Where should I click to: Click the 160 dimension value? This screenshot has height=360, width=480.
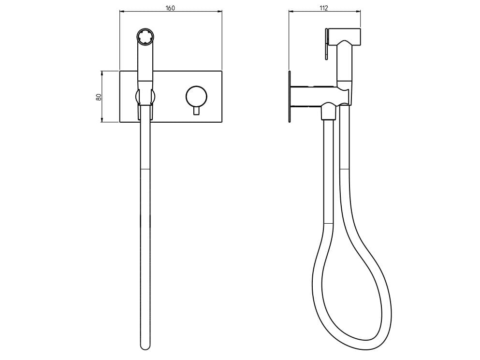tap(170, 8)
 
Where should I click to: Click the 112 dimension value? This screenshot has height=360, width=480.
tap(324, 8)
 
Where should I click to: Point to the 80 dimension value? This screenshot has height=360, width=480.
tap(99, 96)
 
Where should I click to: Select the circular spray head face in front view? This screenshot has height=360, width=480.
tap(145, 37)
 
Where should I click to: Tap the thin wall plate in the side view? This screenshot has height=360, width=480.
tap(289, 97)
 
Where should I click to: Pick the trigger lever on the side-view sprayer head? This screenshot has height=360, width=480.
tap(327, 49)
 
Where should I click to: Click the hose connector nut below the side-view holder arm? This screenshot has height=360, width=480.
tap(328, 112)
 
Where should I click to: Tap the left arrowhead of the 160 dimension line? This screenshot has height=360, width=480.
tap(121, 12)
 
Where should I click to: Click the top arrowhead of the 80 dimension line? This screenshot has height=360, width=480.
tap(102, 72)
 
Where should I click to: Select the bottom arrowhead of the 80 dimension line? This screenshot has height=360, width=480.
tap(102, 120)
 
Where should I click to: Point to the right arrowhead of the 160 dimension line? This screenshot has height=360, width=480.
tap(219, 12)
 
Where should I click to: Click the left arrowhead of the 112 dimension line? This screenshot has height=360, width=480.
tap(291, 12)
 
